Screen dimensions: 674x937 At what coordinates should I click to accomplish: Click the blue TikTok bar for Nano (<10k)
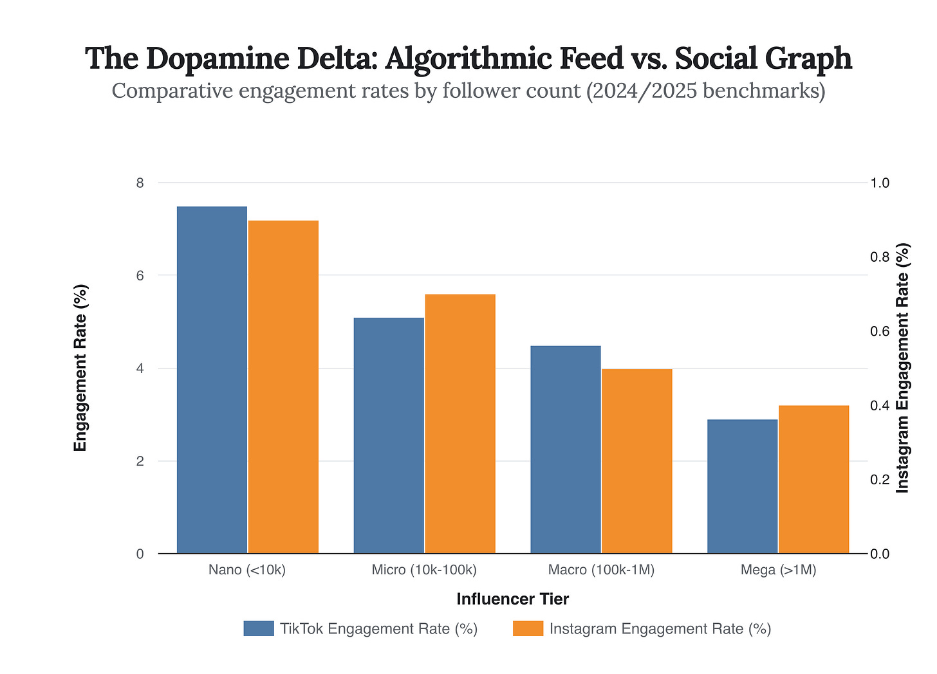[x=212, y=379]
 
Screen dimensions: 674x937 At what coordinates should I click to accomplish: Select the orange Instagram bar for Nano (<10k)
[x=283, y=387]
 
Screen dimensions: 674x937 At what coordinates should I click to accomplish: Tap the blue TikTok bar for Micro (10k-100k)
[x=389, y=435]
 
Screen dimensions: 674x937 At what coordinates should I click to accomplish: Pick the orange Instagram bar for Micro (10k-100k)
[x=460, y=423]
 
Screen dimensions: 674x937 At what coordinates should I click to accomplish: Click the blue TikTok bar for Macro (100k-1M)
[x=565, y=449]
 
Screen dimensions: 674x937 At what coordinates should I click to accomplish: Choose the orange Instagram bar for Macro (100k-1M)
[x=636, y=460]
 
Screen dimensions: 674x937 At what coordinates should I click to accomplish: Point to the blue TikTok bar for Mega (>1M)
[x=742, y=486]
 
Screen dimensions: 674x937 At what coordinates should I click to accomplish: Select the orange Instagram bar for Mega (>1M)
[x=813, y=479]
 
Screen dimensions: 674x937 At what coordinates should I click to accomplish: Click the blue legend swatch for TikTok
[x=259, y=628]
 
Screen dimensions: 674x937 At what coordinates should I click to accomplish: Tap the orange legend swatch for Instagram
[x=528, y=628]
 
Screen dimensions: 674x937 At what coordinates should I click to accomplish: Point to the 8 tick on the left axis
[x=140, y=183]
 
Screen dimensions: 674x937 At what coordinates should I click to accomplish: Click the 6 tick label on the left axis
[x=140, y=275]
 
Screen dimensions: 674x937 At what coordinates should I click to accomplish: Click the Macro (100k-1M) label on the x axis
[x=601, y=570]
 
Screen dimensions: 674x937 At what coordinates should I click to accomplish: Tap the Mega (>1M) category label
[x=778, y=570]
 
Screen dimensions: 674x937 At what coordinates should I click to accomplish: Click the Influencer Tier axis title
[x=513, y=599]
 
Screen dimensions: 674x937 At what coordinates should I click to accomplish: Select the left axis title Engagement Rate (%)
[x=80, y=368]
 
